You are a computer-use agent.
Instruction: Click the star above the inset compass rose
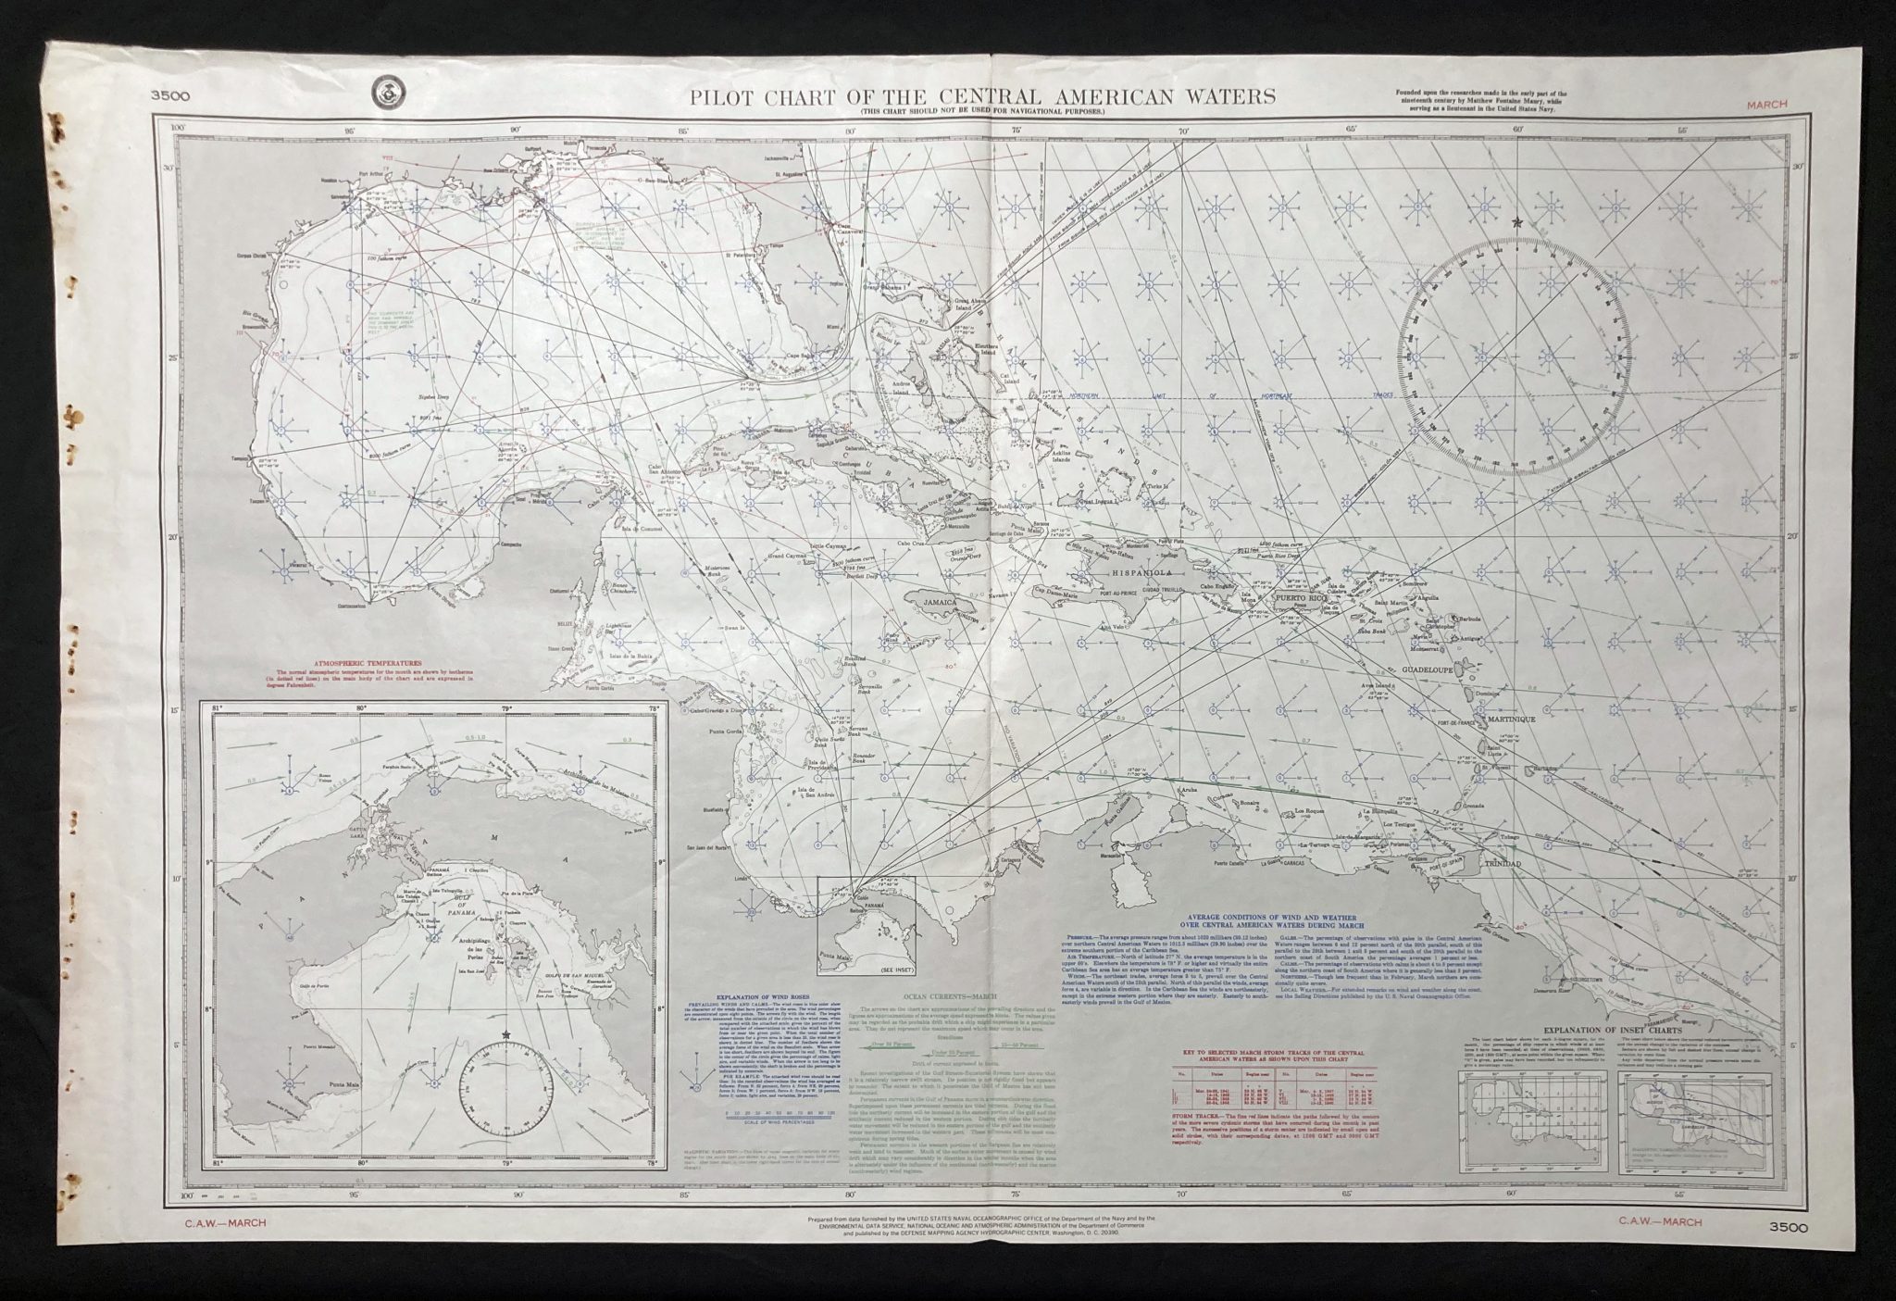tap(505, 1033)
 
